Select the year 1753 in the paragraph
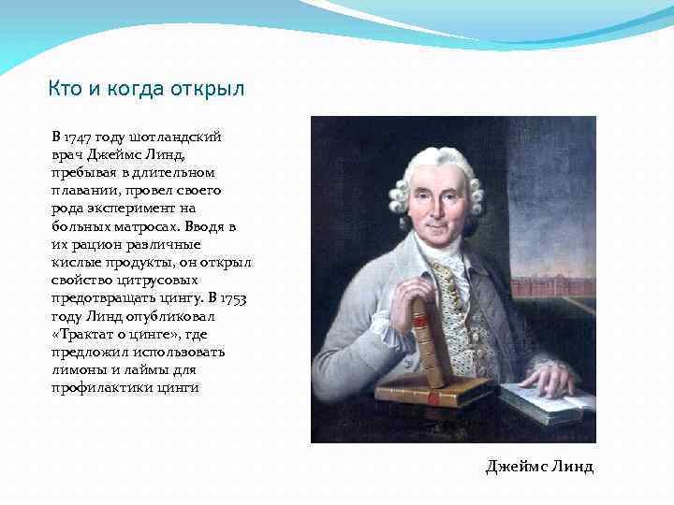(x=236, y=299)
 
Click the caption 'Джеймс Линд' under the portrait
(x=539, y=466)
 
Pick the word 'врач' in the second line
(x=66, y=154)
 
